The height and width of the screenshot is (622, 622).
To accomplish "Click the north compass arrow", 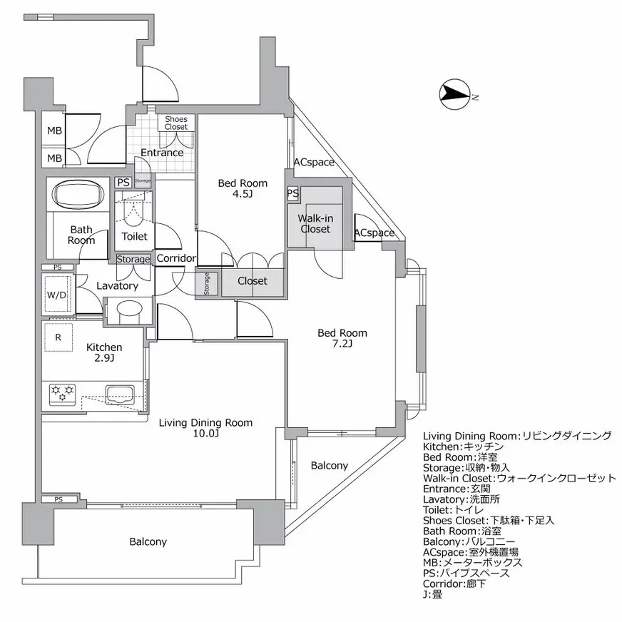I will [454, 93].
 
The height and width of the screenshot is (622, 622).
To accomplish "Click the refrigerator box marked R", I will [58, 337].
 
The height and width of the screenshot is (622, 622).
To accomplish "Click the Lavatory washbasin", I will [129, 311].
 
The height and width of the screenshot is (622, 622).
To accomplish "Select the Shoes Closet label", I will [175, 123].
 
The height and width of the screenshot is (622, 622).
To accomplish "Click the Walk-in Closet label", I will [315, 223].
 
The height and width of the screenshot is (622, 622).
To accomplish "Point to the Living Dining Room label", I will [205, 423].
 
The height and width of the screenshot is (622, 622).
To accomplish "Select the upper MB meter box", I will [54, 131].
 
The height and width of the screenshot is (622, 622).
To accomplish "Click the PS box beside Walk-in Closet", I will [292, 193].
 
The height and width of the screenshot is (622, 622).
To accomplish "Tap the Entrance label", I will [161, 153].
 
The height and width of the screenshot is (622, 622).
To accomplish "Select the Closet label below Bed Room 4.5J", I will [252, 281].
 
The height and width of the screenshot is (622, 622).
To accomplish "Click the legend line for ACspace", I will [471, 552].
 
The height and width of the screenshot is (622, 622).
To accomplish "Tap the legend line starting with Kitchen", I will [459, 446].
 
